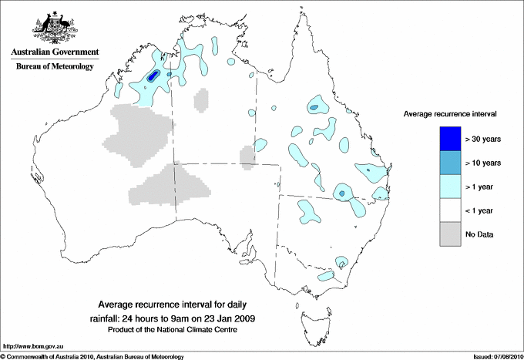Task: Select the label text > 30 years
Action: pyautogui.click(x=483, y=139)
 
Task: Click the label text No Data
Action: pyautogui.click(x=479, y=234)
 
